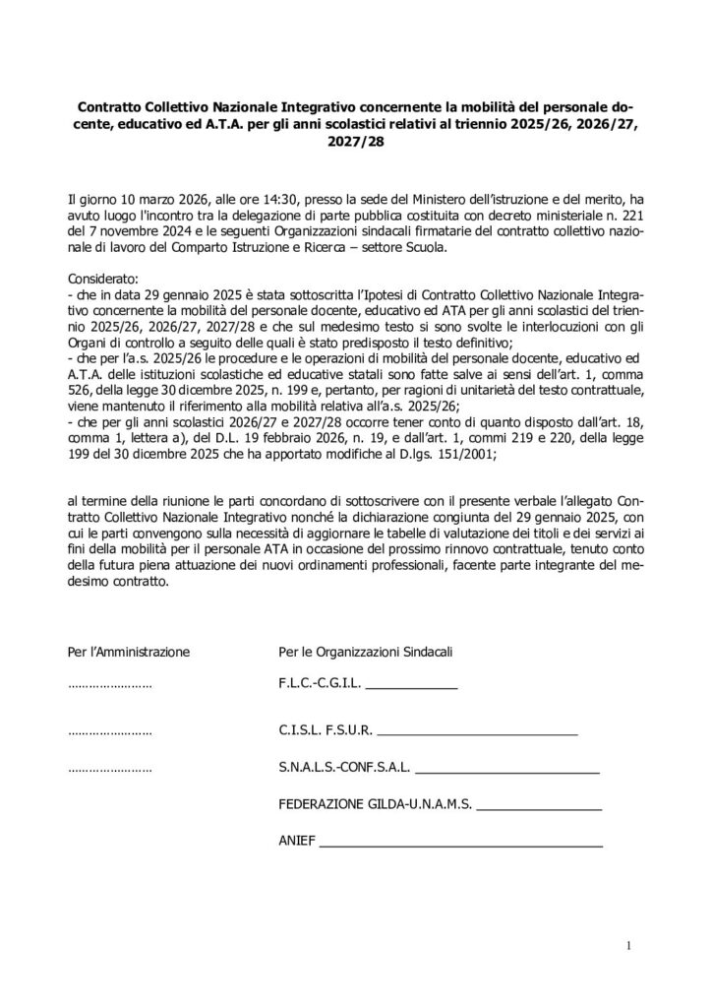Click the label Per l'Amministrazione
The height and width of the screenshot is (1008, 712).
(x=128, y=651)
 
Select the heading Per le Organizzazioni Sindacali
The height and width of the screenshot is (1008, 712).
(x=366, y=651)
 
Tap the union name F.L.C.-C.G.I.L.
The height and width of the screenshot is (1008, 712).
(x=322, y=682)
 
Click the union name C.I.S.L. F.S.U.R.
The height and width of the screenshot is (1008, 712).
(x=326, y=731)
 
